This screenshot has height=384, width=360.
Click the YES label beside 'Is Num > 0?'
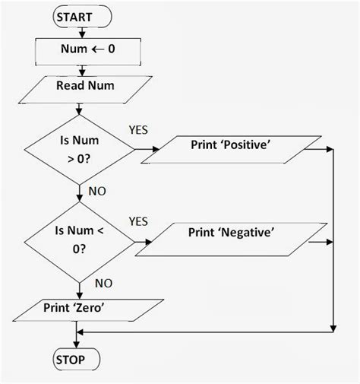139,130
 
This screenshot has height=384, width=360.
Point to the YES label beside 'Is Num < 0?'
138,221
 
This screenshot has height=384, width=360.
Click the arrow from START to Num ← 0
77,32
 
